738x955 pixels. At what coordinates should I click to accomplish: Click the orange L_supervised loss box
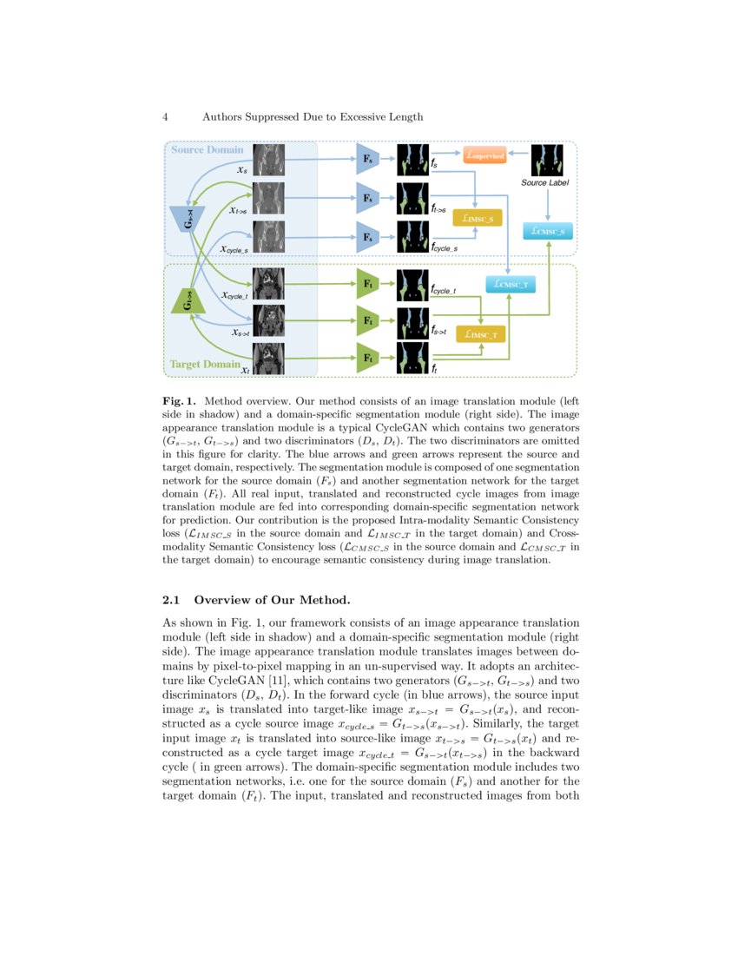[484, 155]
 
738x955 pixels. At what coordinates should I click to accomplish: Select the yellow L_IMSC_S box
[478, 219]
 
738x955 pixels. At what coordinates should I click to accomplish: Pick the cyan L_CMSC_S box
[549, 231]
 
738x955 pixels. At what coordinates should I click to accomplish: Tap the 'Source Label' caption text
[546, 183]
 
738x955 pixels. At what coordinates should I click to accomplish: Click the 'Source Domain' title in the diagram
[207, 150]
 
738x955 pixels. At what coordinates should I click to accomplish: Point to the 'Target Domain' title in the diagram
[204, 365]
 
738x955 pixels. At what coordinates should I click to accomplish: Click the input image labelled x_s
[269, 160]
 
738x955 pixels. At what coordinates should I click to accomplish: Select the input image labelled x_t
[269, 358]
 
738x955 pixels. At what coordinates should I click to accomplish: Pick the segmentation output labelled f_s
[413, 160]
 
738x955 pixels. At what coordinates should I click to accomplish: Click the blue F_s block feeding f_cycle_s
[368, 236]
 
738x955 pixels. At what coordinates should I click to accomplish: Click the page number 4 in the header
[165, 116]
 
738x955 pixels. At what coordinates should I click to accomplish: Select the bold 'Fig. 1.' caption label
[179, 402]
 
